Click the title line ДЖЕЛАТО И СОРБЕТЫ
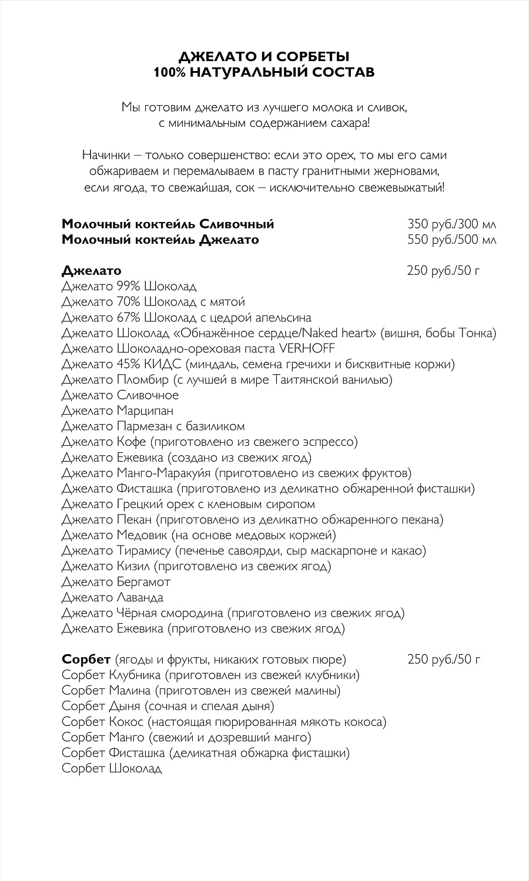point(264,57)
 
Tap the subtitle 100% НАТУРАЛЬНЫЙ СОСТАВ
point(264,72)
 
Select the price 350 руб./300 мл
point(451,224)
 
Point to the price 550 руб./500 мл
point(451,240)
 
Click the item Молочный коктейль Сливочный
point(168,224)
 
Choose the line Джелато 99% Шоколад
point(129,286)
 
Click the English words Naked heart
point(340,333)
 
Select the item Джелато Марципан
point(118,411)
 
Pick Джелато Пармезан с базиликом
point(153,426)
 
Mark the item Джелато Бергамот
point(116,582)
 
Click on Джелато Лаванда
point(112,597)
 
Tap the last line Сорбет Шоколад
point(112,768)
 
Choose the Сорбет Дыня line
point(168,706)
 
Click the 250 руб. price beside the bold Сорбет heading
point(444,660)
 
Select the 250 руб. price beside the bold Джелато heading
point(444,271)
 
